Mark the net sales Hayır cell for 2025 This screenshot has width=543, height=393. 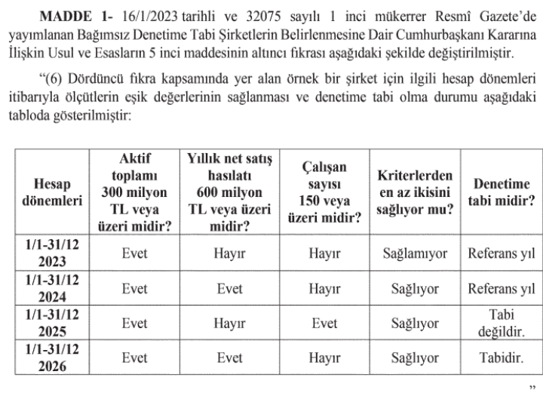coord(229,324)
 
